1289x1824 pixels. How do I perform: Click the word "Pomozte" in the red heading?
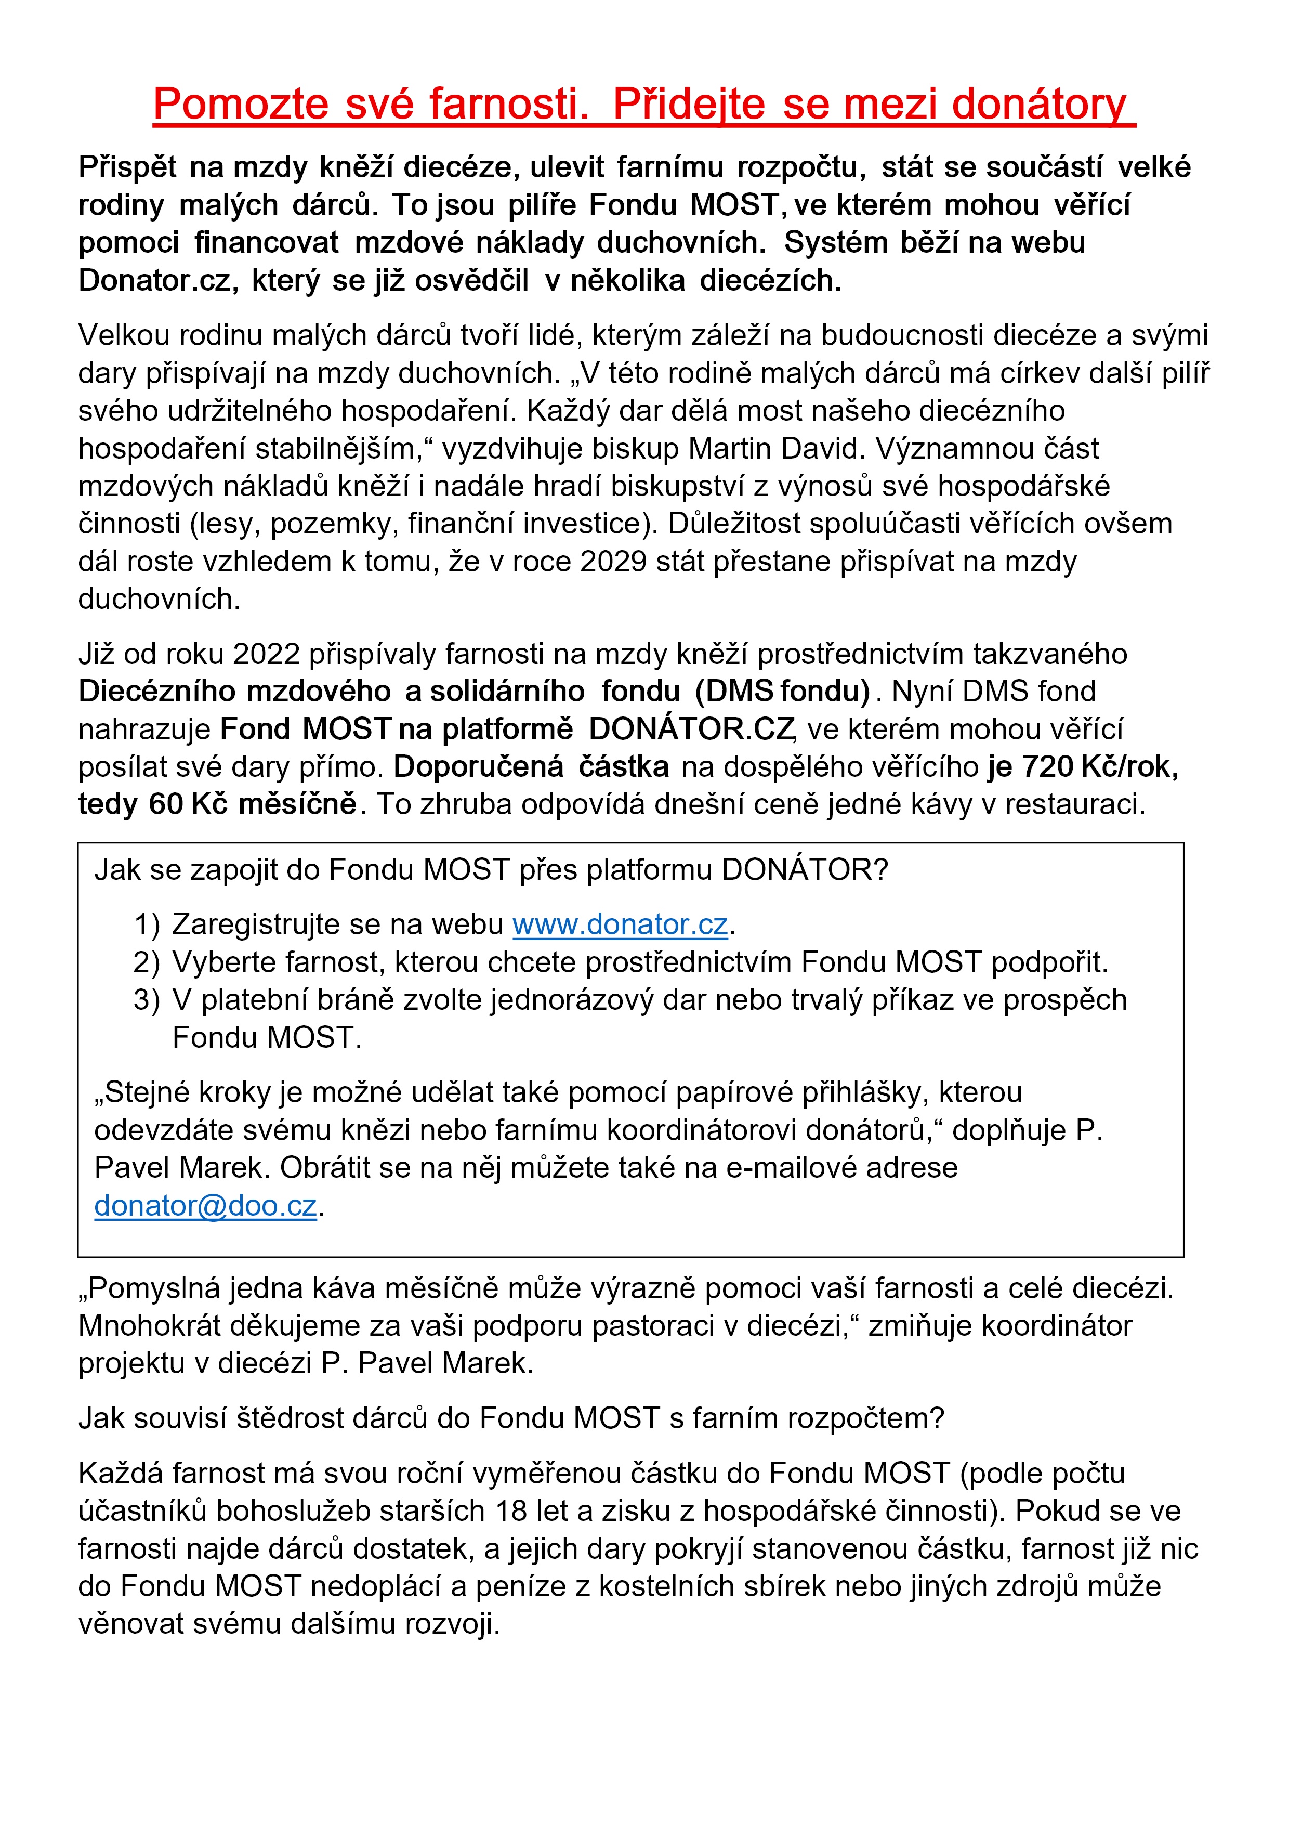click(240, 104)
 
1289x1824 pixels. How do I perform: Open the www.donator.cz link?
click(620, 924)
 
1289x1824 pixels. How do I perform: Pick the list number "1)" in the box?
click(147, 924)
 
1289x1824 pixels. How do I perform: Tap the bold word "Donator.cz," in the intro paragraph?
click(158, 280)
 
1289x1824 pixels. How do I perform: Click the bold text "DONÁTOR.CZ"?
click(691, 729)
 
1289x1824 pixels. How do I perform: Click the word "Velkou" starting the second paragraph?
click(124, 335)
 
